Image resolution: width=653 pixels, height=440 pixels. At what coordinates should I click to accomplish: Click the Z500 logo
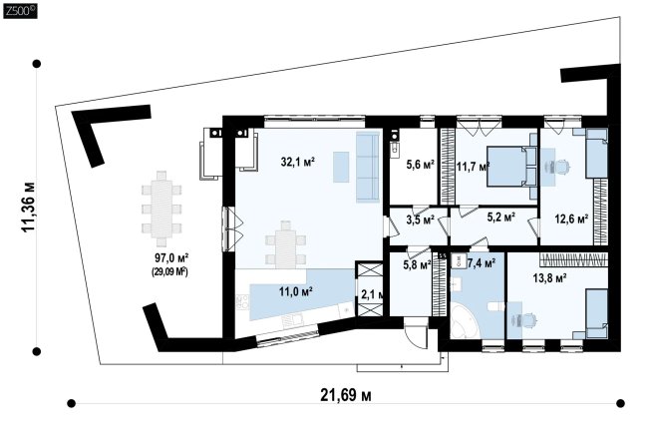click(x=20, y=12)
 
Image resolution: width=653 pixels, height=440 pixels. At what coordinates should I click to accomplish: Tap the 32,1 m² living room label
click(x=297, y=162)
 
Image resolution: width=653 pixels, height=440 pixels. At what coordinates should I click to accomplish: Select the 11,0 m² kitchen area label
click(x=296, y=291)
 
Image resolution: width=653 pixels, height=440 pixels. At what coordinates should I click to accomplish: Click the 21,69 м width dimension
click(x=346, y=394)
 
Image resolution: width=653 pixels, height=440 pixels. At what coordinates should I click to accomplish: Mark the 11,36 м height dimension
click(x=28, y=208)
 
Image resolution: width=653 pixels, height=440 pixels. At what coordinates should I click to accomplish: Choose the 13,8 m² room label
click(x=549, y=278)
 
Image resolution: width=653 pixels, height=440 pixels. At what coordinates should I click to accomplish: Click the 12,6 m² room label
click(x=571, y=219)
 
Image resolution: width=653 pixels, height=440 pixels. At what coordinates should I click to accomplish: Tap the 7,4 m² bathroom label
click(x=482, y=262)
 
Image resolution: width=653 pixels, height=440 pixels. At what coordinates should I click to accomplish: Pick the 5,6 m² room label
click(x=421, y=165)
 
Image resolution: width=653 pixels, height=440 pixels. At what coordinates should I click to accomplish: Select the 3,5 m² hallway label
click(x=421, y=220)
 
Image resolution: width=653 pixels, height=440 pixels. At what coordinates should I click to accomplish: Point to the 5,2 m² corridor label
click(x=501, y=217)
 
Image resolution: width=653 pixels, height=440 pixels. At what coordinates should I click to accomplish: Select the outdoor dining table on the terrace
click(x=162, y=209)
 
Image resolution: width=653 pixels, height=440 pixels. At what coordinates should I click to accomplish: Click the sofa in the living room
click(x=368, y=167)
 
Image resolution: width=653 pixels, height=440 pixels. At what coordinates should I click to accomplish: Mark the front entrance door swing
click(x=416, y=333)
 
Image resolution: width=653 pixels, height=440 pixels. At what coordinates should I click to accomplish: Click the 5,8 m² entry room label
click(x=417, y=264)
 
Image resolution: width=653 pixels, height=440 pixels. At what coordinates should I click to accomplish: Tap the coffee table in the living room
click(x=341, y=167)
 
